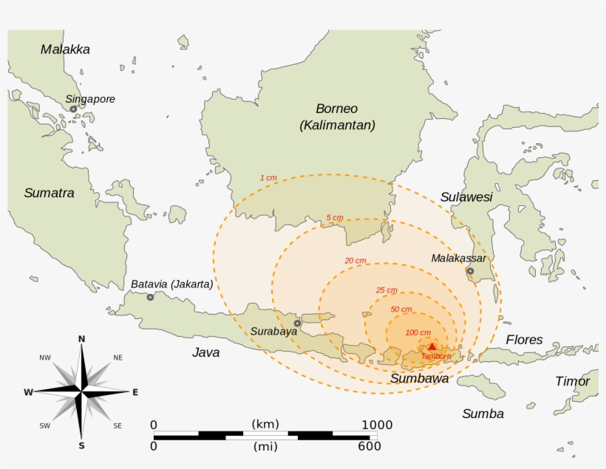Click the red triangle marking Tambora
pyautogui.click(x=432, y=346)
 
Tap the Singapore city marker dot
pyautogui.click(x=73, y=109)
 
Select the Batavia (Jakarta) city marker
pyautogui.click(x=150, y=297)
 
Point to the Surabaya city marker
pyautogui.click(x=297, y=323)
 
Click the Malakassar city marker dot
pyautogui.click(x=470, y=271)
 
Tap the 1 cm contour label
pyautogui.click(x=268, y=178)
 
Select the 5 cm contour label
pyautogui.click(x=335, y=218)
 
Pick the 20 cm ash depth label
pyautogui.click(x=355, y=261)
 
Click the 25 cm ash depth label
pyautogui.click(x=386, y=290)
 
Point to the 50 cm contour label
pyautogui.click(x=401, y=309)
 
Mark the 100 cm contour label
pyautogui.click(x=418, y=332)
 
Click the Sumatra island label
pyautogui.click(x=49, y=193)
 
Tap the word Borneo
pyautogui.click(x=336, y=109)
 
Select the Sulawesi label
pyautogui.click(x=466, y=197)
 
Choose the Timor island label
pyautogui.click(x=573, y=381)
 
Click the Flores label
pyautogui.click(x=524, y=340)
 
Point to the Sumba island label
pyautogui.click(x=483, y=414)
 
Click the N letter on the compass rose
pyautogui.click(x=82, y=339)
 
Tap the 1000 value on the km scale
pyautogui.click(x=376, y=425)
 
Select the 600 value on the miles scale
pyautogui.click(x=369, y=446)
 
